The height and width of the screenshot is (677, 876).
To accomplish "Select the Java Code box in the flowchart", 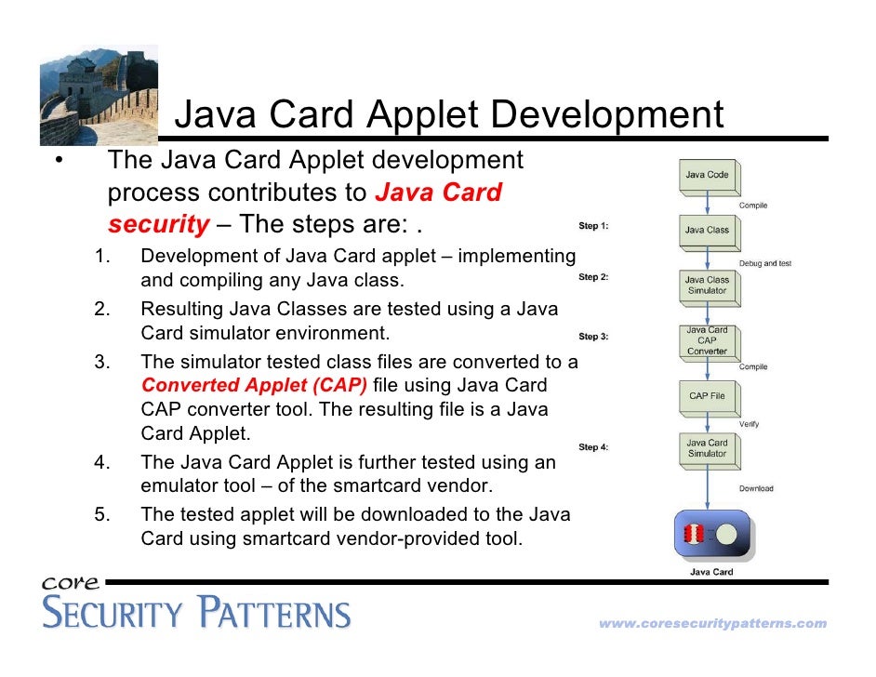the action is pyautogui.click(x=707, y=175).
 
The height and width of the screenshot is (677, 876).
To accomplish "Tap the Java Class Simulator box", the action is pyautogui.click(x=707, y=285).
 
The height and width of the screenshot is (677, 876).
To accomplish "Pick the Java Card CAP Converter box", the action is pyautogui.click(x=707, y=340).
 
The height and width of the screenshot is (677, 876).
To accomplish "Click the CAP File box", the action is pyautogui.click(x=707, y=396).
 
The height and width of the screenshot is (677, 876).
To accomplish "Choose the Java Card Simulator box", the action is pyautogui.click(x=707, y=448).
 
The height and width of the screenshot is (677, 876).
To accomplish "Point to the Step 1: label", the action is pyautogui.click(x=593, y=226).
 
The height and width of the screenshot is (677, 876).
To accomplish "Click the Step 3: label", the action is pyautogui.click(x=593, y=337).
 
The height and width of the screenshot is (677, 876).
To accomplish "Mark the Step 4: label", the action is pyautogui.click(x=593, y=447).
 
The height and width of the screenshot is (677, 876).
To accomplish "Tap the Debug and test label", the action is pyautogui.click(x=765, y=263).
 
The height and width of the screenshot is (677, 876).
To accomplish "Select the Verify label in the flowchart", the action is pyautogui.click(x=749, y=424).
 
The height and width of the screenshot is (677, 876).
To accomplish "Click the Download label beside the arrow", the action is pyautogui.click(x=756, y=488).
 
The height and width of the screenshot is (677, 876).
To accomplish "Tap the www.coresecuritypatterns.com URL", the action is pyautogui.click(x=712, y=624).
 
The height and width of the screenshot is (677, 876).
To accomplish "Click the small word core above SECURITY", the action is pyautogui.click(x=71, y=583).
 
